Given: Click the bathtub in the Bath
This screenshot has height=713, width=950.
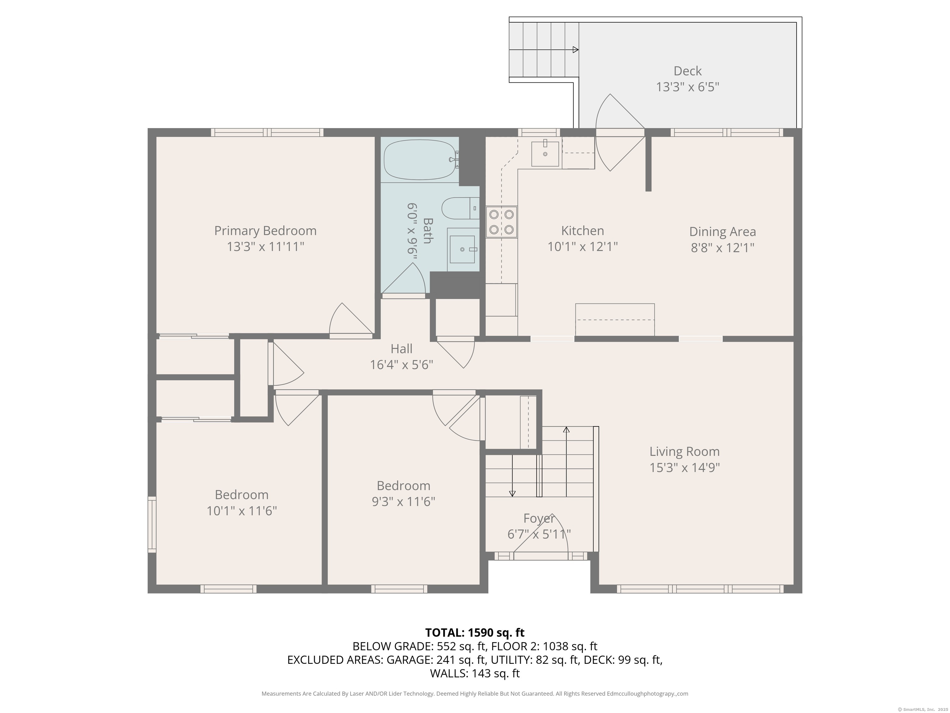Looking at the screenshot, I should (x=419, y=159).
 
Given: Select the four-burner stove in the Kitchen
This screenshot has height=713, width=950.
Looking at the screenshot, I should (x=502, y=222).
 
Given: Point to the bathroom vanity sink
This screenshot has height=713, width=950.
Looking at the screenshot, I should (x=463, y=249).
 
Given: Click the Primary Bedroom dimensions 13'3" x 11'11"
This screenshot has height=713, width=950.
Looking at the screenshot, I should (x=265, y=247).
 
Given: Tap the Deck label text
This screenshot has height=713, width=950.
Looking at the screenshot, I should (x=687, y=71).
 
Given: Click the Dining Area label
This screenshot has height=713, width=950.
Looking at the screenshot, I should (x=722, y=232).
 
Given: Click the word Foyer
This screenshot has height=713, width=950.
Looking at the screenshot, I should (x=539, y=519).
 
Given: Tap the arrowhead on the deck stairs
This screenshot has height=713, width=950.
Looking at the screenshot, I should (x=576, y=50).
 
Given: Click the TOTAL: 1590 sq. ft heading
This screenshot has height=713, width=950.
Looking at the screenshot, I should (x=475, y=633).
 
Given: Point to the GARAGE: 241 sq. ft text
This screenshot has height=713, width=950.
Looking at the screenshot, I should (x=436, y=660).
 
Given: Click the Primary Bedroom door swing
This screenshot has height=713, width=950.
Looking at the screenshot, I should (x=350, y=320).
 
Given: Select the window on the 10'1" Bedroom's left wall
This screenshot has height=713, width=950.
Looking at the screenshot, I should (x=152, y=524).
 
